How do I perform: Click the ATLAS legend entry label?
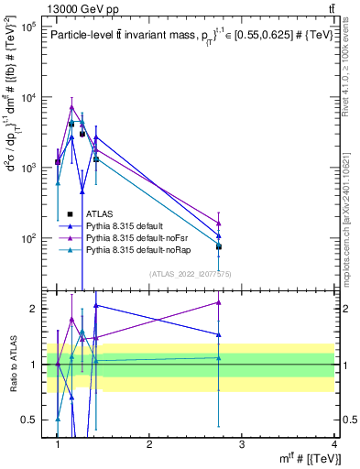pyautogui.click(x=100, y=214)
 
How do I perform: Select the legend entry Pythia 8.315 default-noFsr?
pyautogui.click(x=133, y=237)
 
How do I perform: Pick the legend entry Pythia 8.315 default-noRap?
pyautogui.click(x=134, y=249)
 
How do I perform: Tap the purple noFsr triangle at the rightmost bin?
pyautogui.click(x=218, y=223)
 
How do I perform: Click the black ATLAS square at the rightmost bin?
pyautogui.click(x=218, y=246)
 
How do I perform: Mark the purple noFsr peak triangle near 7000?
pyautogui.click(x=71, y=107)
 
